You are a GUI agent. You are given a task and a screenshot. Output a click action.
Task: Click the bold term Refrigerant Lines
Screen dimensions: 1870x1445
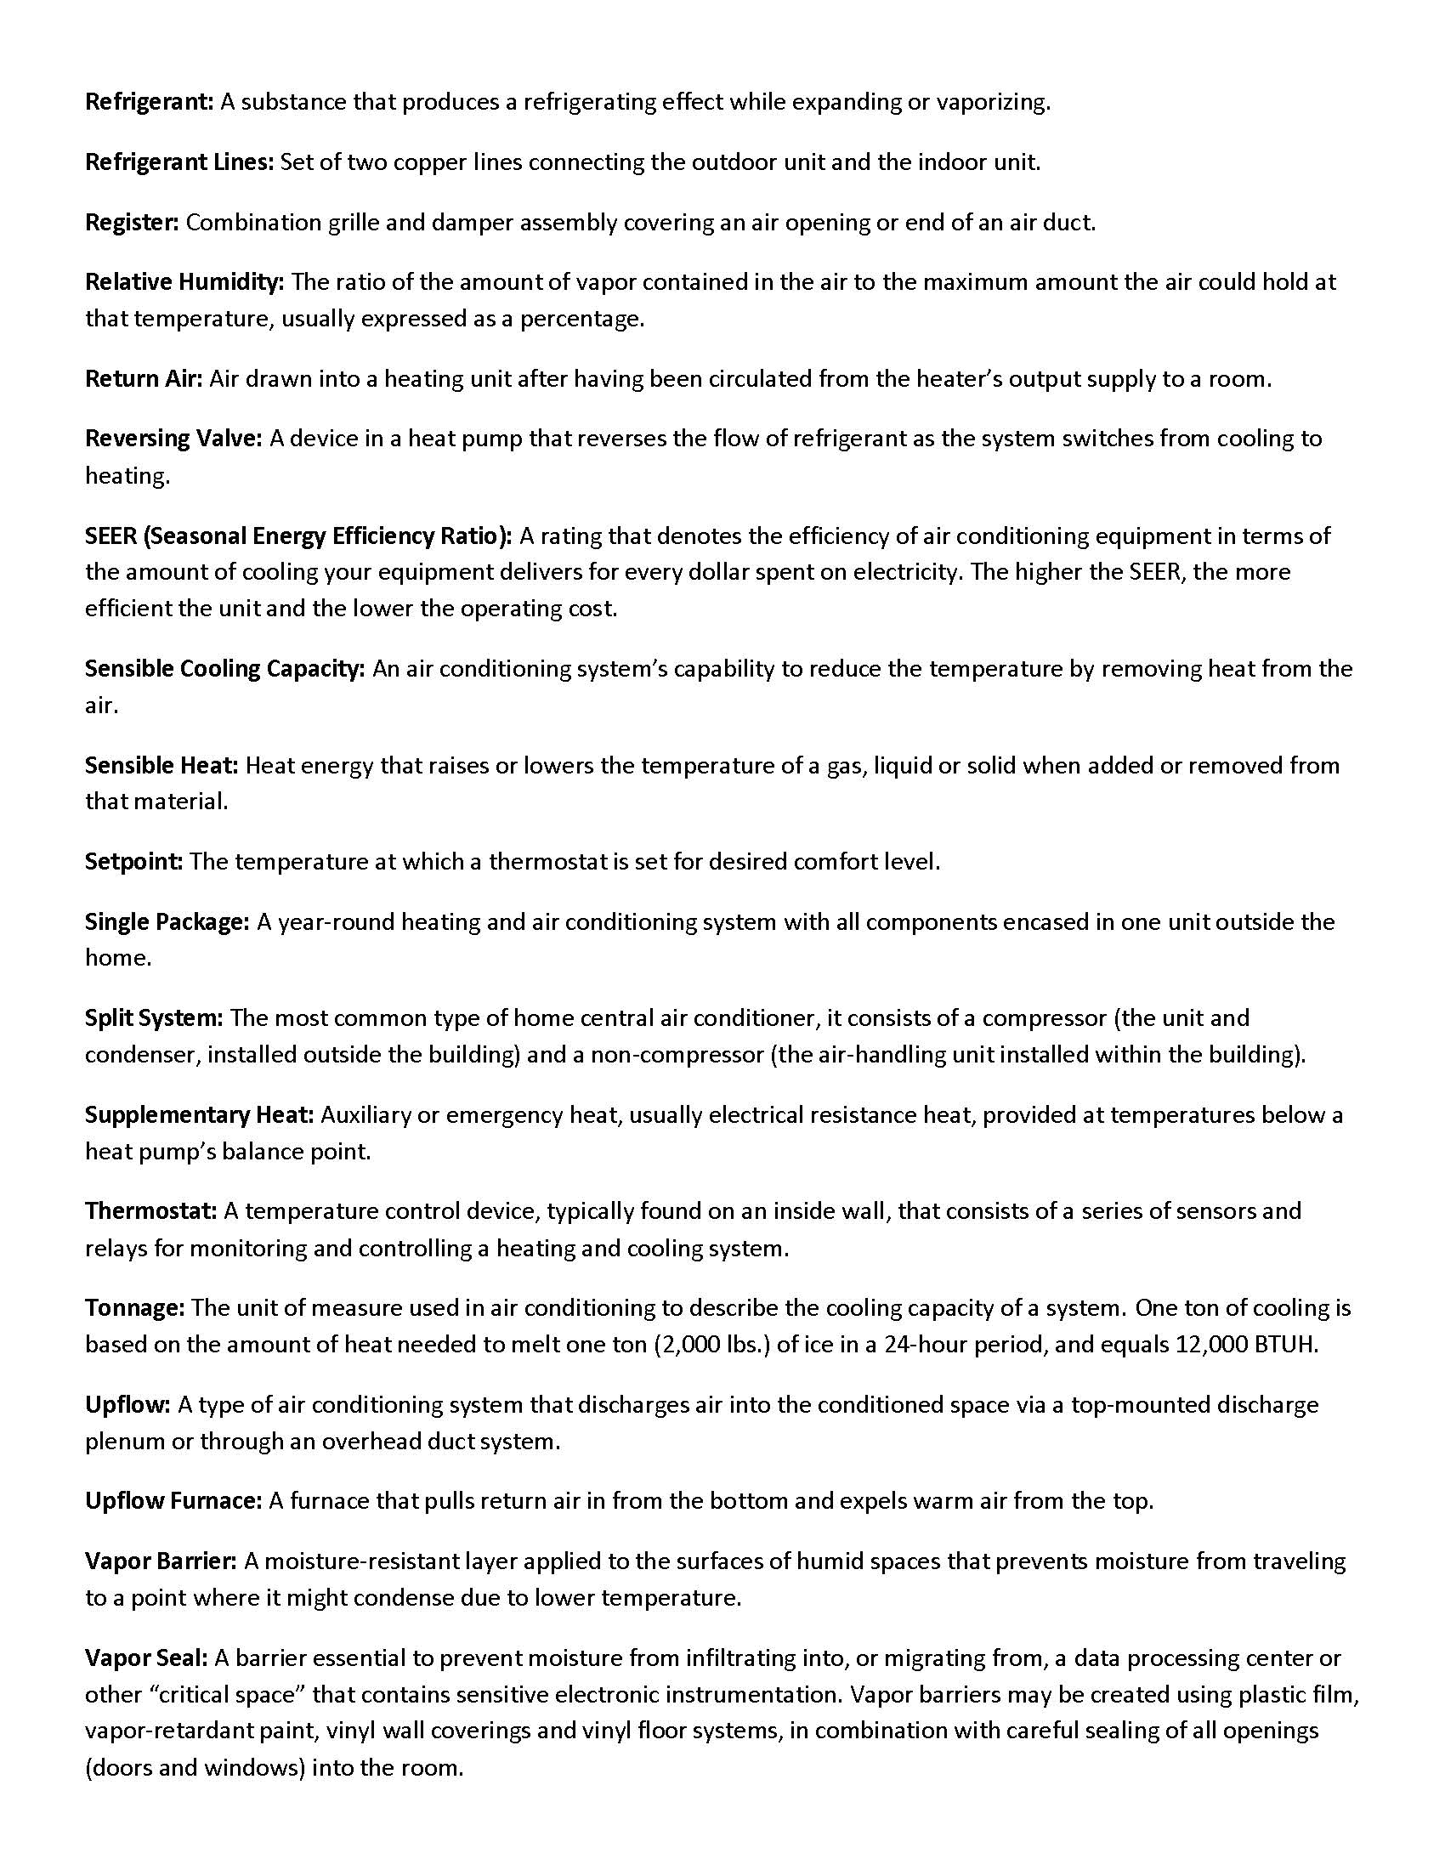[178, 162]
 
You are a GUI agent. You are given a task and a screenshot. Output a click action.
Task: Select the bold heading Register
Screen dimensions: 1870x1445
[132, 224]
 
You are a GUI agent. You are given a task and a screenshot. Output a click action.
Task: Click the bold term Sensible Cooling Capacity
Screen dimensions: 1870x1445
[225, 669]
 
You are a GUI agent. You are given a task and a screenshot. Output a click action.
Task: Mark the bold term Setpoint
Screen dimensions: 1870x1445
[133, 862]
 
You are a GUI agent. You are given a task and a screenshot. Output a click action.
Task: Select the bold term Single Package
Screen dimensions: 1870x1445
[167, 923]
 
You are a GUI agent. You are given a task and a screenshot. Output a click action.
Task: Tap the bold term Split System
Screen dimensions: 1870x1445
[154, 1019]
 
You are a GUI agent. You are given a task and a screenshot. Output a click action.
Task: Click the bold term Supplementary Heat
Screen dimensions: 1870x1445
[201, 1116]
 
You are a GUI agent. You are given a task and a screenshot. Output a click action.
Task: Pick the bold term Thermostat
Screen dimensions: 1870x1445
[150, 1211]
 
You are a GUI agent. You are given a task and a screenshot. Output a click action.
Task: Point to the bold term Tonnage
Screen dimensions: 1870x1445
[134, 1308]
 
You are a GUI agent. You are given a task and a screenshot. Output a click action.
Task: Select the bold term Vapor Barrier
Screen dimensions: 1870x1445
[161, 1561]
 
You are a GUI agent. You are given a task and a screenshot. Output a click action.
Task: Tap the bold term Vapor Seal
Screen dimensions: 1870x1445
[146, 1658]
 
